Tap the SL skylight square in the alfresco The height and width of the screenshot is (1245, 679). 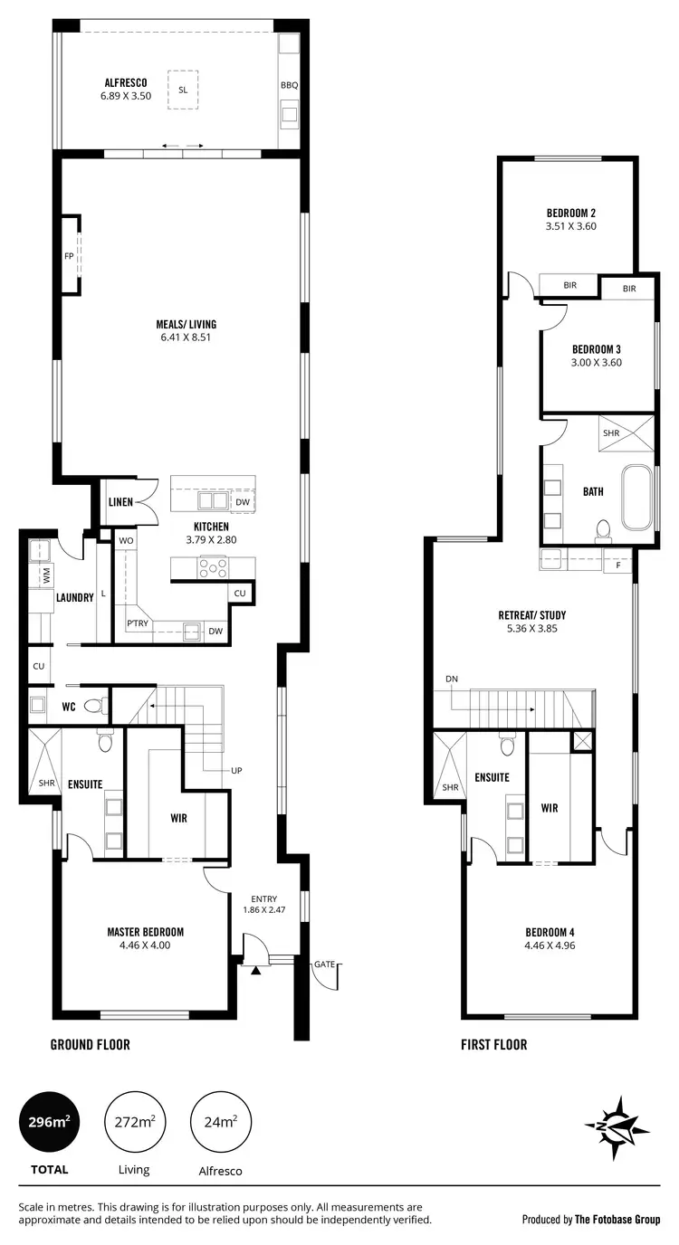coord(183,90)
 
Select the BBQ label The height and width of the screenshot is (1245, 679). coord(289,85)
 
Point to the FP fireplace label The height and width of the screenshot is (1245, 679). coord(69,256)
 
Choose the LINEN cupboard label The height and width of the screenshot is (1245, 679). coord(121,502)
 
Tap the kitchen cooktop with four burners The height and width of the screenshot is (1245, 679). coord(215,568)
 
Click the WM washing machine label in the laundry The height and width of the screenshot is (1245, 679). coord(44,575)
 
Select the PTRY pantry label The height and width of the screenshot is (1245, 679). coord(137,622)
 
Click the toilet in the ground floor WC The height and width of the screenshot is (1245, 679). coord(94,706)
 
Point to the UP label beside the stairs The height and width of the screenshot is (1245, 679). coord(237,771)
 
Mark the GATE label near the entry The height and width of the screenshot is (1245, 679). coord(325,965)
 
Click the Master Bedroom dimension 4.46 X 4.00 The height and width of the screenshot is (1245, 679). coord(145,946)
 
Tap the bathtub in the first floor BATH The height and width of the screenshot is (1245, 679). coord(636,498)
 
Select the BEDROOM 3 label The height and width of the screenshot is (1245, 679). coord(596,349)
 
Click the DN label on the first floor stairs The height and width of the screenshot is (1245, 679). coord(452,680)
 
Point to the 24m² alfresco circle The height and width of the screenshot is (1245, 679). coord(220,1122)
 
